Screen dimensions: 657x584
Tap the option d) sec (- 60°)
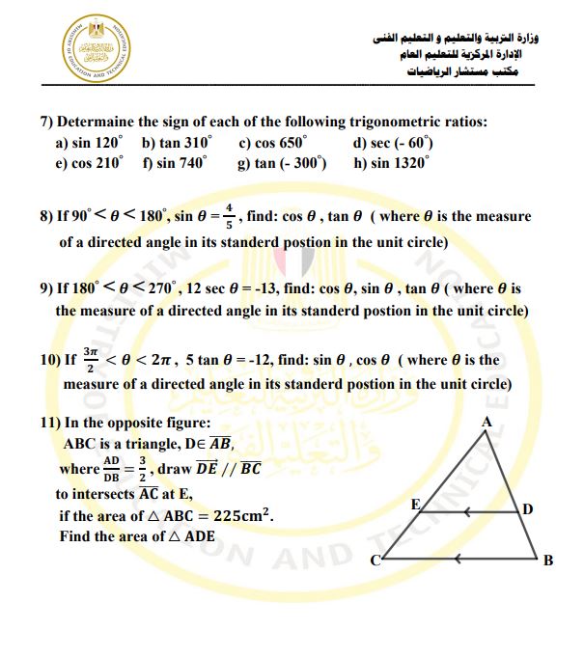(x=395, y=142)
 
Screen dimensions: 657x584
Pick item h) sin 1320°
(x=390, y=162)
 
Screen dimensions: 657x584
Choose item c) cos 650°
(x=273, y=142)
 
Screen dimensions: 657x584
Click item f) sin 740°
(x=175, y=162)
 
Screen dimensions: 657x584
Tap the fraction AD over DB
(x=112, y=469)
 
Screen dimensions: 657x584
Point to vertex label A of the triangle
(x=487, y=422)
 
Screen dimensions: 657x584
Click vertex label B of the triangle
(x=548, y=561)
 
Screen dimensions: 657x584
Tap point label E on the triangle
(x=415, y=505)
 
